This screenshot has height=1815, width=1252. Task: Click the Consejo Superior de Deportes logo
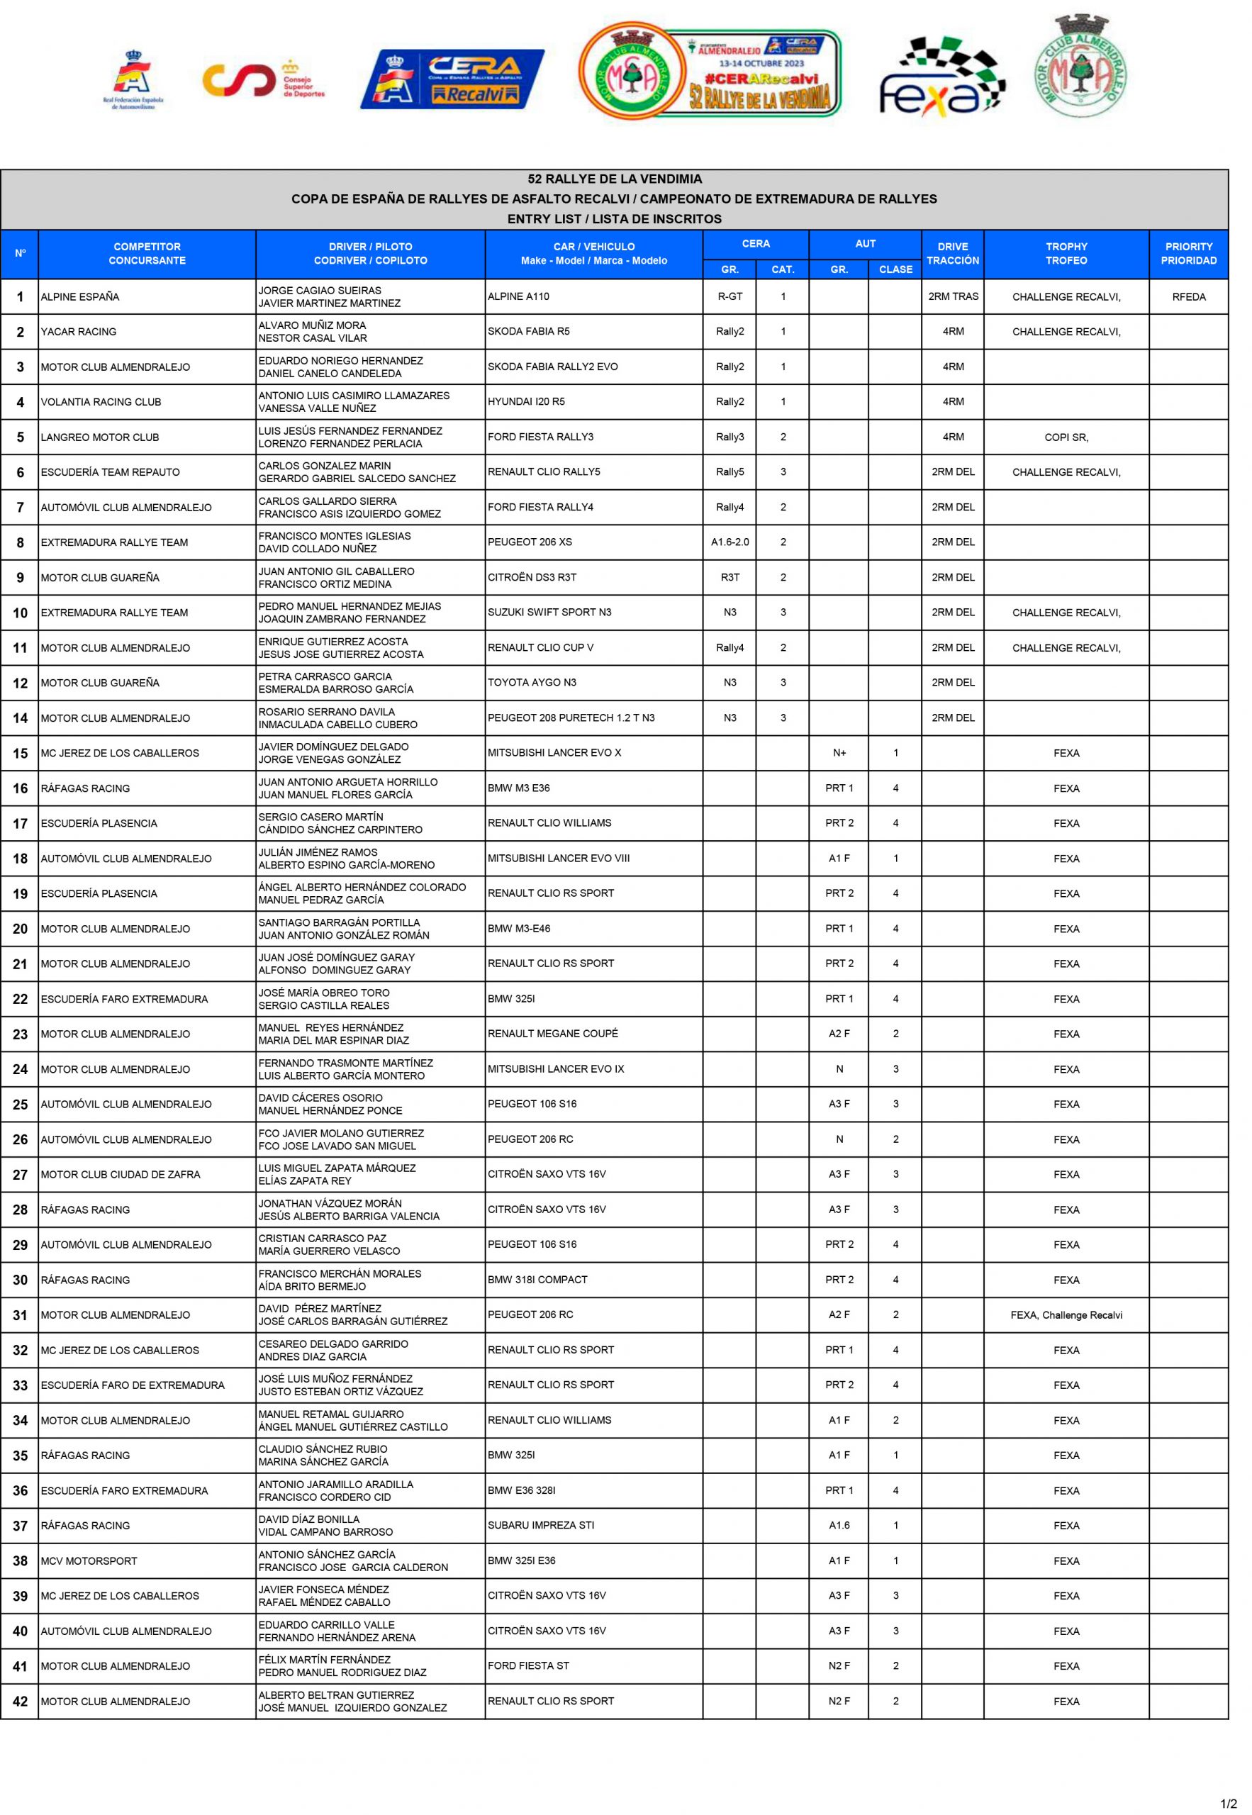click(x=263, y=79)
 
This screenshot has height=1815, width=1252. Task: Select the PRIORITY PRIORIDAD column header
click(x=1188, y=253)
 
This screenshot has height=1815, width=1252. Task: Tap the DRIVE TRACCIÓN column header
click(x=952, y=253)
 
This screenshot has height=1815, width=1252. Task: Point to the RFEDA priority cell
click(x=1188, y=296)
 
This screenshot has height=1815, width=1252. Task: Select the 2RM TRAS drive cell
click(x=952, y=296)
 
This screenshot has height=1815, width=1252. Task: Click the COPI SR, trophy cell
click(x=1066, y=437)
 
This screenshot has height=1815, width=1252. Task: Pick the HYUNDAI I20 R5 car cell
click(x=526, y=401)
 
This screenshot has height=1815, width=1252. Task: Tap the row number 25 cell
click(x=20, y=1105)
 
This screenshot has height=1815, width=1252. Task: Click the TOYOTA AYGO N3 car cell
click(x=532, y=682)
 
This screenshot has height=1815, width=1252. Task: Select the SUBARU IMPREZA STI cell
click(x=541, y=1526)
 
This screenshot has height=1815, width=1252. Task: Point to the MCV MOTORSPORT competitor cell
click(x=89, y=1561)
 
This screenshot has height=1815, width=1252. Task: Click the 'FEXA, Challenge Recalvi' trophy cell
click(x=1066, y=1315)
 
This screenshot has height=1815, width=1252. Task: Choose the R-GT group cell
click(x=730, y=296)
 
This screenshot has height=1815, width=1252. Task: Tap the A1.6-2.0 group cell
click(x=730, y=542)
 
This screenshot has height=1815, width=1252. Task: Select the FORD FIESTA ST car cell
click(x=529, y=1666)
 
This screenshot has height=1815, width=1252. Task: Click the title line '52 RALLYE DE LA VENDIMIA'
click(x=614, y=179)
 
